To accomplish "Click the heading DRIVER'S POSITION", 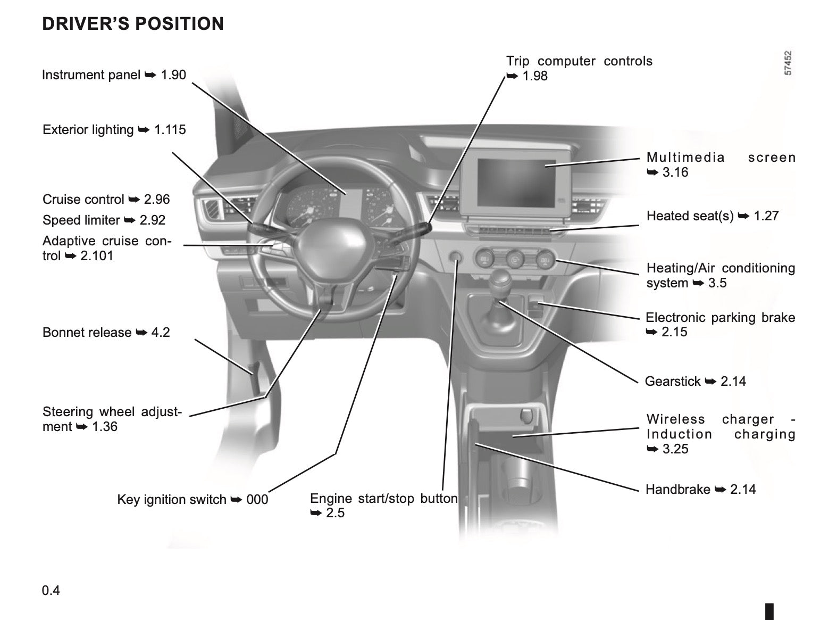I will click(x=133, y=24).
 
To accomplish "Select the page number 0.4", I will click(x=51, y=591).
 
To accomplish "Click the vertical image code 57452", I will click(x=788, y=63).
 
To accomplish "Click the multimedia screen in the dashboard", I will click(x=516, y=182).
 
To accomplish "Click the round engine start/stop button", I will click(x=456, y=258).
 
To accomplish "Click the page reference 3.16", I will click(x=675, y=172).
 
